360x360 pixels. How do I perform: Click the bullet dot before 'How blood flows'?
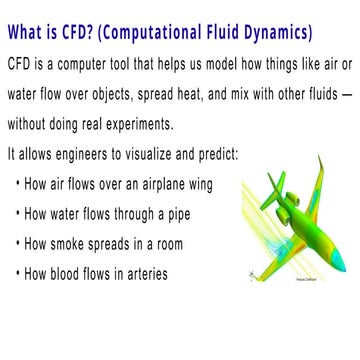tap(19, 274)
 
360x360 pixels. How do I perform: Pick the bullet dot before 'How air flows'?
tap(19, 185)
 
